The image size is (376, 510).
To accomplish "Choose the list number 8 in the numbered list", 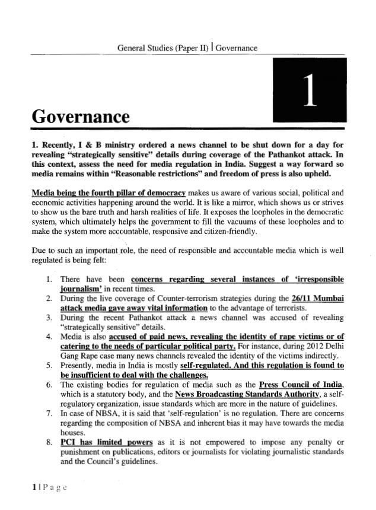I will (x=49, y=443).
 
